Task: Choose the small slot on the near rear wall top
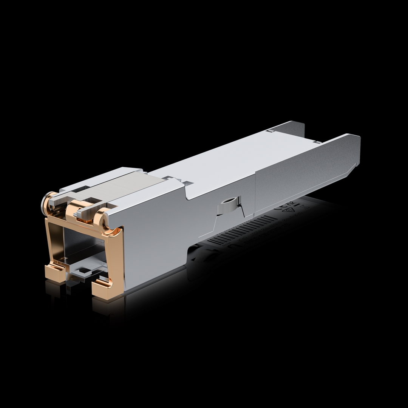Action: (x=318, y=142)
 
